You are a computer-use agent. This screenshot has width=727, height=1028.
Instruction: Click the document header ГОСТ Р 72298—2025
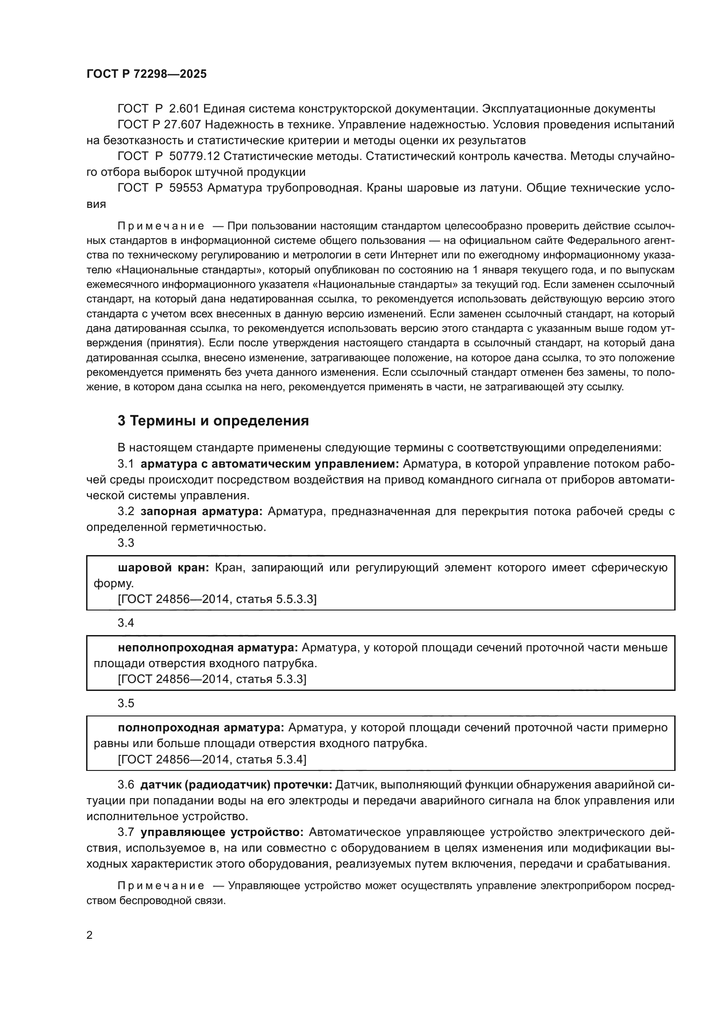pos(146,74)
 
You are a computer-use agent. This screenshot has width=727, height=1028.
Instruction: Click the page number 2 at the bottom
pos(90,935)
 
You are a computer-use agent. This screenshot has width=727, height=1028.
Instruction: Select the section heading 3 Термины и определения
pos(213,421)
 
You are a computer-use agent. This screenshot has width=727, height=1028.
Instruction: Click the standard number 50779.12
pos(194,156)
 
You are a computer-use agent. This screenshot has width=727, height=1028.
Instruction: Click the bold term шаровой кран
pos(163,568)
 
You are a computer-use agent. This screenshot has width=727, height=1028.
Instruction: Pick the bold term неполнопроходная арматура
pos(208,647)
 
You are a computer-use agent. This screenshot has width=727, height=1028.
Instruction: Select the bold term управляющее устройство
pos(222,832)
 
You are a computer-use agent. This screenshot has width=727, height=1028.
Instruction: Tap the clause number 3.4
pos(126,623)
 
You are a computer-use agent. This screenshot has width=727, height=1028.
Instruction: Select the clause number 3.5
pos(126,703)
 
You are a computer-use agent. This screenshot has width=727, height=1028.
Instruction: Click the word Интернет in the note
pos(413,255)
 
